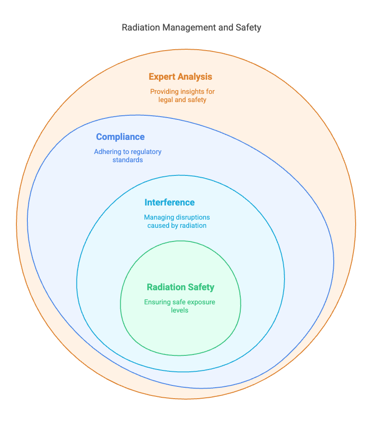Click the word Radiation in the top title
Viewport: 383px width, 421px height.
[141, 27]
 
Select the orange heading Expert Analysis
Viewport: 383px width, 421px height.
[181, 77]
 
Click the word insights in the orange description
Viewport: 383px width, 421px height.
[187, 92]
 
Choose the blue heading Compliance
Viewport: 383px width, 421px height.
[120, 137]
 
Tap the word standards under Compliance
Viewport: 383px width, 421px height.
[128, 160]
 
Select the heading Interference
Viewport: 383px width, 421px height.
[169, 202]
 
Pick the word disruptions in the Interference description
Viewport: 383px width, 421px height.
[193, 217]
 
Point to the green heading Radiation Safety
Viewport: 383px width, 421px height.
[181, 288]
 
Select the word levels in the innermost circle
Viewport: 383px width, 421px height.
[180, 310]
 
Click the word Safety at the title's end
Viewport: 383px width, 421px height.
[248, 28]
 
